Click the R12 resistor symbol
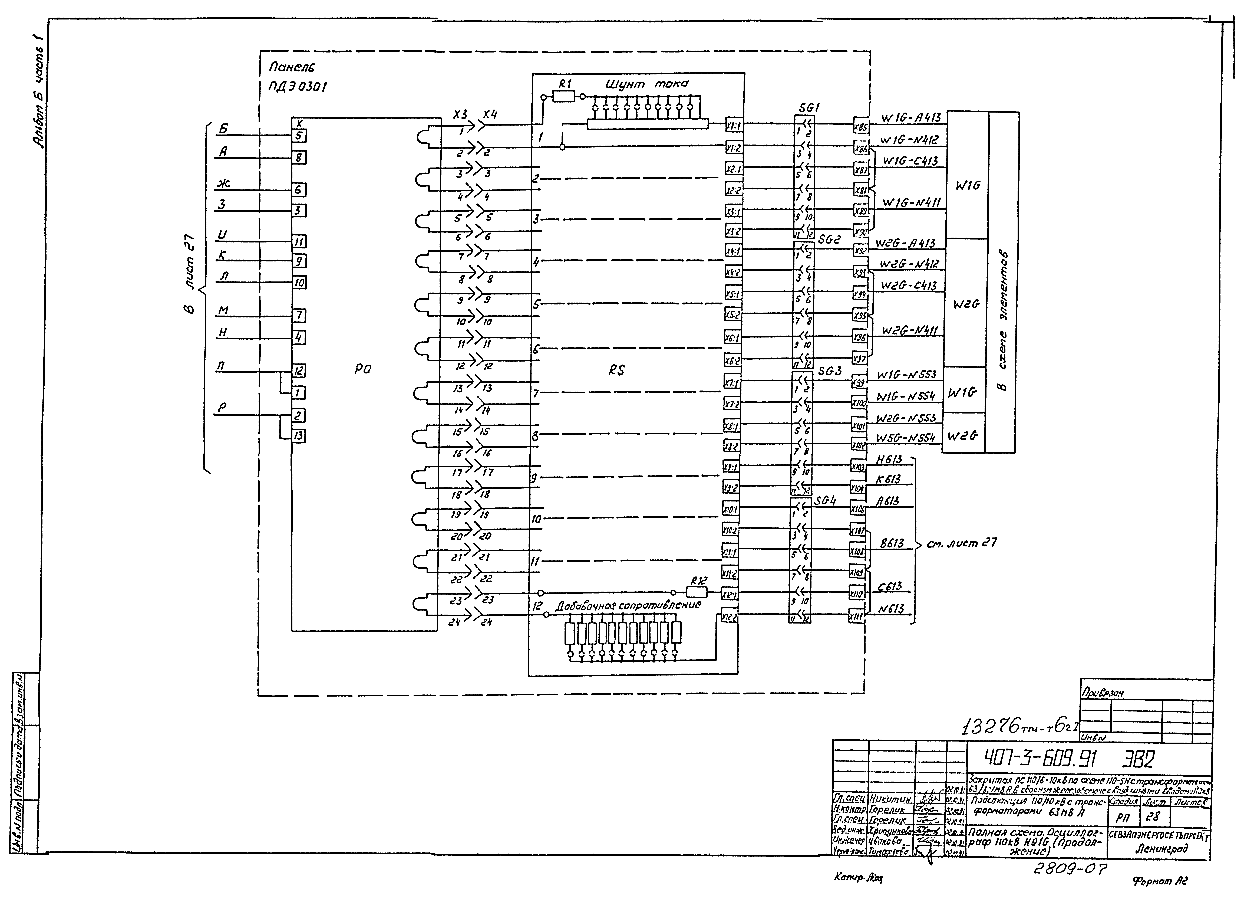(x=697, y=592)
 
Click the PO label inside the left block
(x=362, y=370)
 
